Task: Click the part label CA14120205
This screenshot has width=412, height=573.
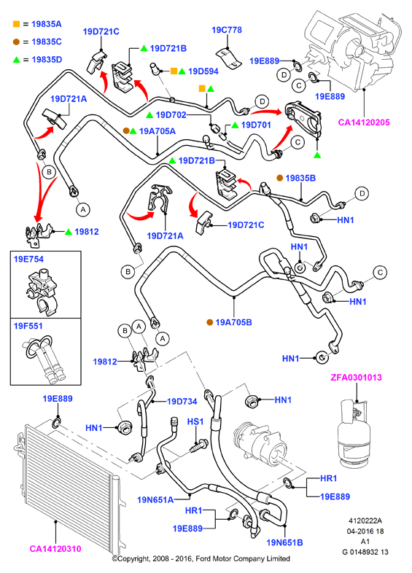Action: click(364, 122)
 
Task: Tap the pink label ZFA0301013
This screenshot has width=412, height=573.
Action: click(356, 378)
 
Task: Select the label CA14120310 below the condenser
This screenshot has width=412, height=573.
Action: click(55, 548)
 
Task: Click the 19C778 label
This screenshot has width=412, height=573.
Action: click(227, 30)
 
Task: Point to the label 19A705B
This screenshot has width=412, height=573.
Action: click(233, 322)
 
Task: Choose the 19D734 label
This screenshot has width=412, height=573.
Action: click(182, 401)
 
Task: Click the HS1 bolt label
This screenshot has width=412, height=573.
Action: click(195, 421)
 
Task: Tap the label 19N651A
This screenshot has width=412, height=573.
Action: click(155, 499)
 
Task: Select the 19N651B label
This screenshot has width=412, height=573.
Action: click(285, 542)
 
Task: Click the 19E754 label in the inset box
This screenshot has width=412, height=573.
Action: click(28, 259)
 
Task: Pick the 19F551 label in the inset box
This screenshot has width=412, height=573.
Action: click(28, 326)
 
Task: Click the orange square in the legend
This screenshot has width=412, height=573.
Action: click(16, 24)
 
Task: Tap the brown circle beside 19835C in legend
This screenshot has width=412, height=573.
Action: click(16, 42)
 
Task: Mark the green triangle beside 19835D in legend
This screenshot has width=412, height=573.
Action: click(17, 60)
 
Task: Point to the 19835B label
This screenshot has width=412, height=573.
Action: click(300, 178)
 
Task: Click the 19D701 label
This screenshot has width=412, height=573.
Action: click(256, 125)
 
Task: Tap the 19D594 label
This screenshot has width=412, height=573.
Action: click(203, 71)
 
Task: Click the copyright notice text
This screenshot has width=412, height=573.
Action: click(201, 558)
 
